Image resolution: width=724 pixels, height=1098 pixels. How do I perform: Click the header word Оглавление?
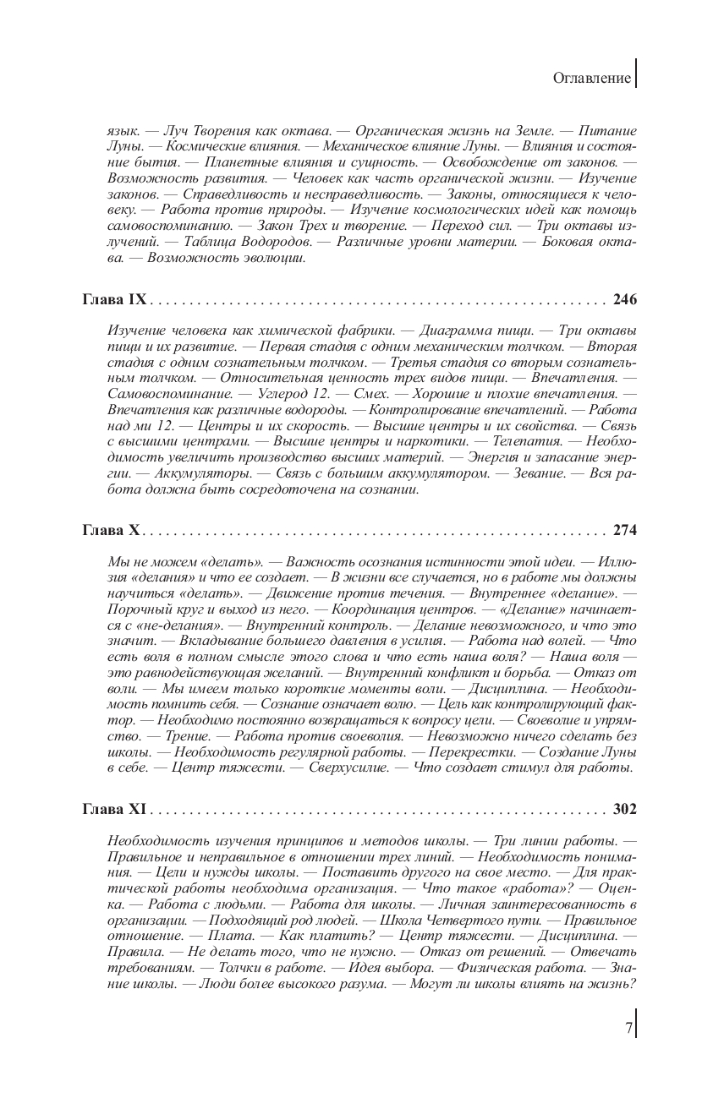coord(592,79)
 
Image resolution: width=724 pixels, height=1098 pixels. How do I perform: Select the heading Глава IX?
coord(114,299)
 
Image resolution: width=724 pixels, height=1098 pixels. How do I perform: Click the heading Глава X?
coord(111,531)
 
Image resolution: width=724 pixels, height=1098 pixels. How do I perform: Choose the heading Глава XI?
coord(114,809)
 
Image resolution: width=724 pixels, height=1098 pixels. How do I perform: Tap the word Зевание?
coord(536,473)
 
